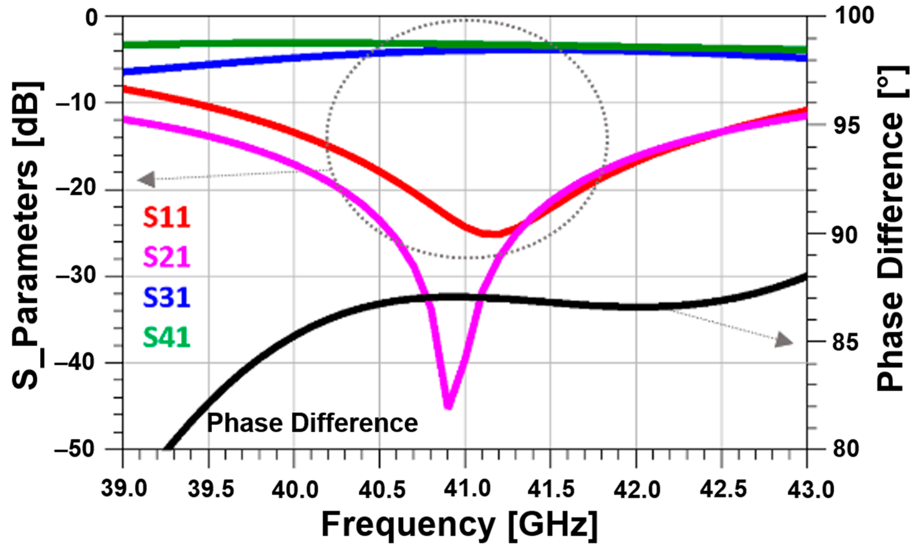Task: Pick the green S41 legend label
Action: [x=167, y=337]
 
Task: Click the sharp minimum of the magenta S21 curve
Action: [x=449, y=406]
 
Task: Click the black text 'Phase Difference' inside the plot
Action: [x=312, y=423]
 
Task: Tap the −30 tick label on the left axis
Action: [x=76, y=276]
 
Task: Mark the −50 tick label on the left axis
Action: [x=76, y=449]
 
